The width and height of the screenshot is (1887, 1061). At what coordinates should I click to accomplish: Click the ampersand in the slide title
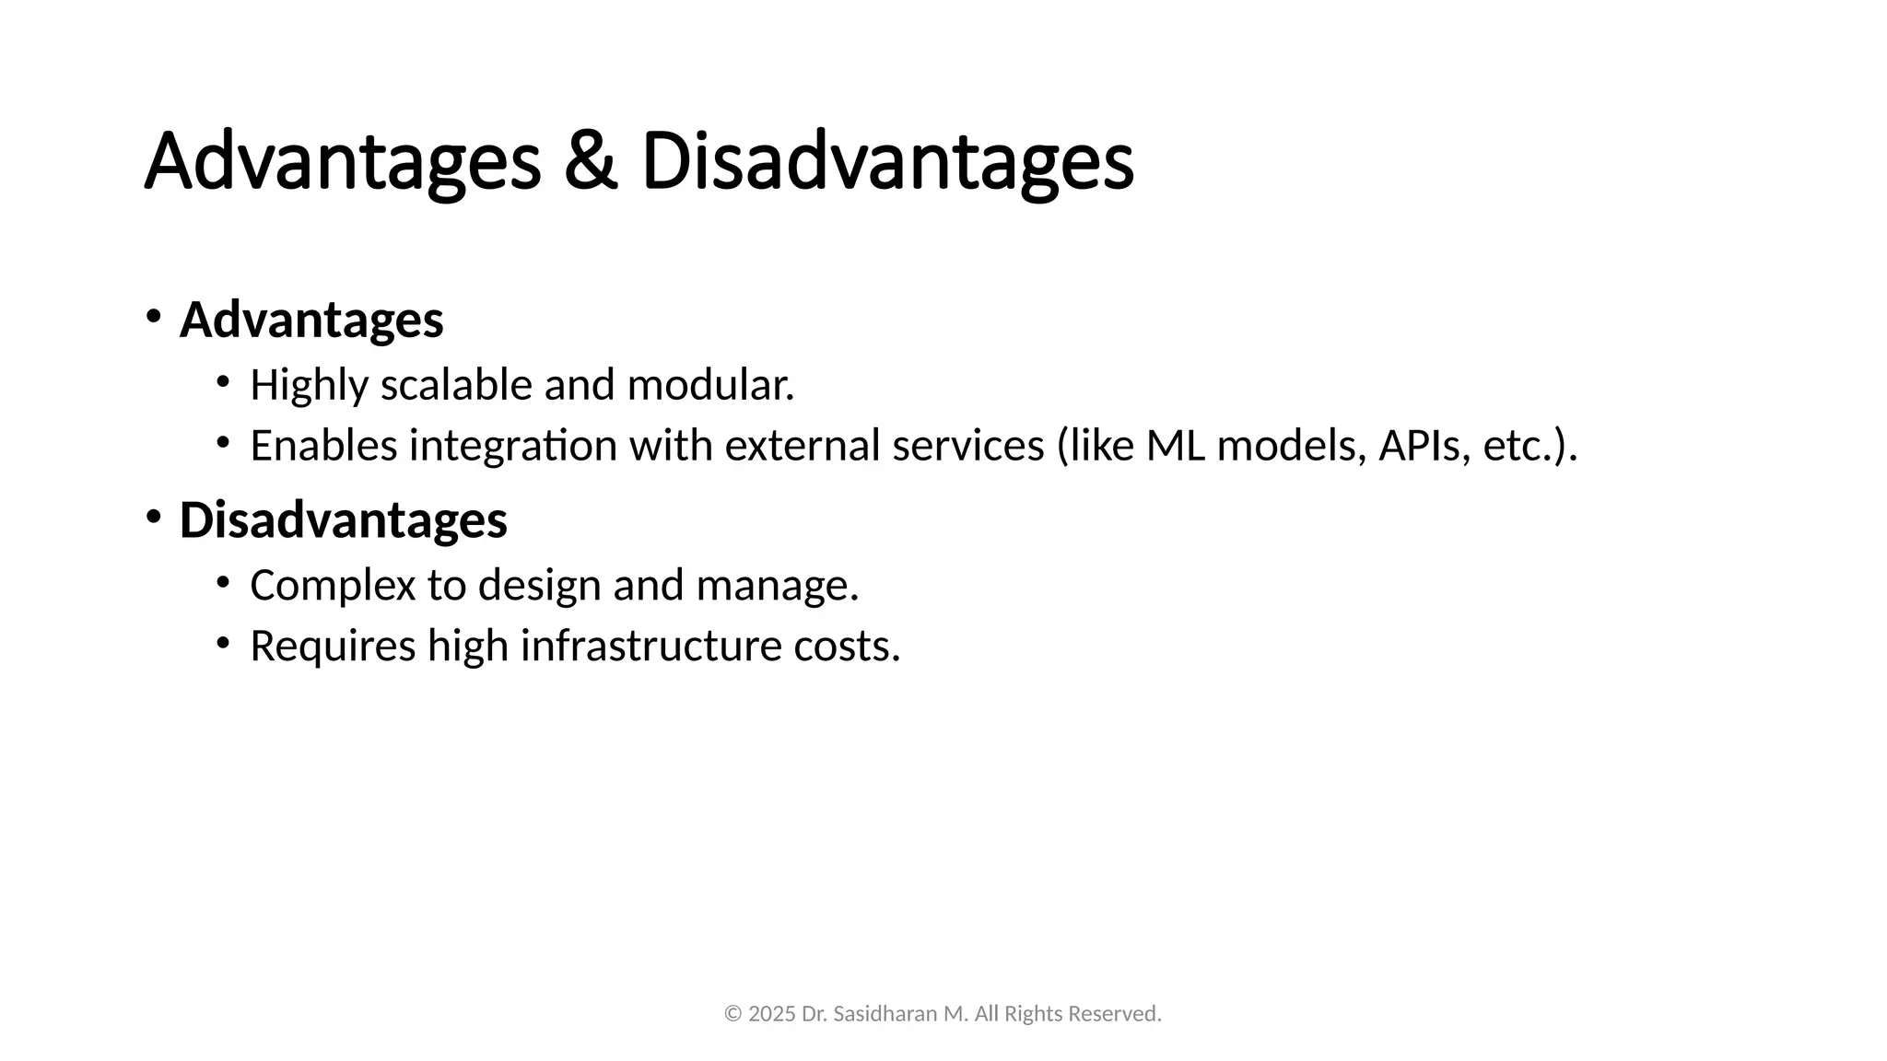(x=590, y=162)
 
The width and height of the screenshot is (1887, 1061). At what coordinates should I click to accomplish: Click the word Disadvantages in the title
(x=886, y=162)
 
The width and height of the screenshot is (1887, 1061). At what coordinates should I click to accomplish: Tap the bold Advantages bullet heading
(x=311, y=320)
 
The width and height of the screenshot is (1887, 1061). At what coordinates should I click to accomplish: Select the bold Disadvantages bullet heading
(x=343, y=519)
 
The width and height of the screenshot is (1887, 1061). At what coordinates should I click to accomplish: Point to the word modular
(x=709, y=385)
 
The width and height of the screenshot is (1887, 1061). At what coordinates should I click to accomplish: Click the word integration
(x=513, y=446)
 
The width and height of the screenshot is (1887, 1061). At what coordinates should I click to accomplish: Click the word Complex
(x=333, y=586)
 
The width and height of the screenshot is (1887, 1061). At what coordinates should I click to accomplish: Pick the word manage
(x=777, y=586)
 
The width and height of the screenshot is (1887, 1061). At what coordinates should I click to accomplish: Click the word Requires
(x=333, y=646)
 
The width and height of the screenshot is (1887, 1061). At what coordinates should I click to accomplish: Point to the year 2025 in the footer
(x=772, y=1014)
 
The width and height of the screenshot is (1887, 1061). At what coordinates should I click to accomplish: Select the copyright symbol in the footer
(x=733, y=1014)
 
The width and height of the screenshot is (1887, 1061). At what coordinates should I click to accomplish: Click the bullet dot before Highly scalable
(x=222, y=381)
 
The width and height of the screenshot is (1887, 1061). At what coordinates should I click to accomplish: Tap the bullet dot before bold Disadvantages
(x=152, y=517)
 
